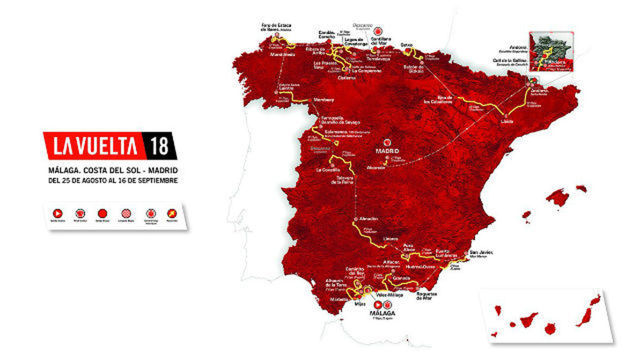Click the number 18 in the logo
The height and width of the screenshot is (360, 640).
[160, 146]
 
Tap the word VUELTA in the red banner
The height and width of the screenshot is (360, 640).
[106, 146]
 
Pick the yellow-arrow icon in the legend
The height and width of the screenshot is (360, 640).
[172, 214]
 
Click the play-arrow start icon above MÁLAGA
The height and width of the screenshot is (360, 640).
[378, 304]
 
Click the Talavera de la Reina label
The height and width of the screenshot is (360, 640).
[342, 180]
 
